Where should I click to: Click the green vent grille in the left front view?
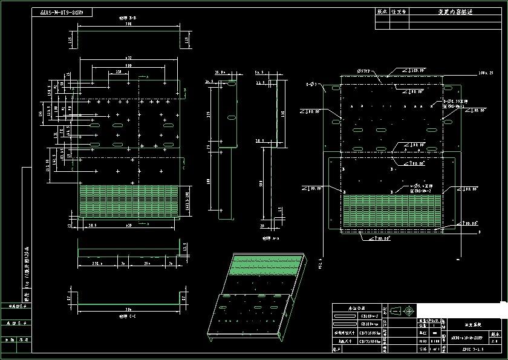(129, 200)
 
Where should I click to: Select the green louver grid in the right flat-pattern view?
(392, 209)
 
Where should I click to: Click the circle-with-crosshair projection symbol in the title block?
(409, 311)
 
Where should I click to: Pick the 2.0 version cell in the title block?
(495, 341)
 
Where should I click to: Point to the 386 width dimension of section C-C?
(129, 309)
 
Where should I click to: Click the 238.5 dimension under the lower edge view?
(92, 264)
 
